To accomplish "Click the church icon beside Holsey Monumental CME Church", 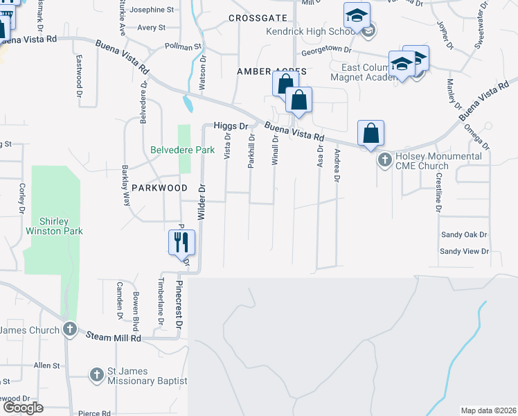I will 384,160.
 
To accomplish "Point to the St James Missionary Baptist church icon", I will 98,375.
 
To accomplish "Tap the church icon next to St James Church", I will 69,329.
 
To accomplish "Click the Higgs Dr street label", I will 231,126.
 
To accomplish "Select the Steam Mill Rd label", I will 114,337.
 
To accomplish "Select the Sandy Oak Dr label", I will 464,236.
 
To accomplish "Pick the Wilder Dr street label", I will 203,202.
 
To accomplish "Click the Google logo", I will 23,408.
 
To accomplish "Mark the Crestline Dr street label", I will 438,189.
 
